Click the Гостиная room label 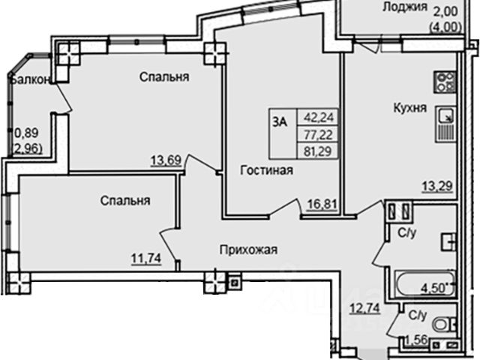pyautogui.click(x=266, y=170)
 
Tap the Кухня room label pyautogui.click(x=409, y=108)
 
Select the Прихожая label pyautogui.click(x=245, y=250)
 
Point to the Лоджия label pyautogui.click(x=404, y=7)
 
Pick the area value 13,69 pyautogui.click(x=167, y=159)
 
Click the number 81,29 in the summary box pyautogui.click(x=318, y=148)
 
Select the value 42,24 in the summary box pyautogui.click(x=318, y=116)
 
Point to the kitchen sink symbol pyautogui.click(x=445, y=116)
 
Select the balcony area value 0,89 pyautogui.click(x=25, y=135)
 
